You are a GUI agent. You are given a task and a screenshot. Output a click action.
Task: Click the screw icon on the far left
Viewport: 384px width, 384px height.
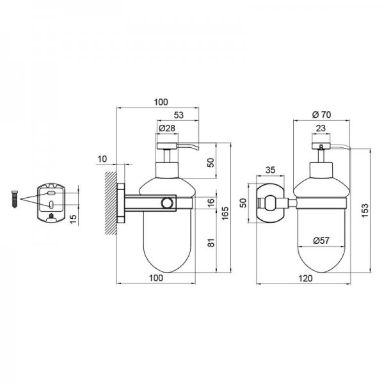pos(15,199)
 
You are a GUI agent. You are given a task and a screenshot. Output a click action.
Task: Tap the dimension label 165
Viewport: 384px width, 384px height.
pos(225,214)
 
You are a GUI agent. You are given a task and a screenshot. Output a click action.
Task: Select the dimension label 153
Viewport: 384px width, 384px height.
pos(365,211)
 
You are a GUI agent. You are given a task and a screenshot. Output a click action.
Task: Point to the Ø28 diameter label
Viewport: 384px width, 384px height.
pos(167,128)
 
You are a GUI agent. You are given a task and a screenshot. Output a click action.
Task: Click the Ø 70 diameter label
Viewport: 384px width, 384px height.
pos(321,115)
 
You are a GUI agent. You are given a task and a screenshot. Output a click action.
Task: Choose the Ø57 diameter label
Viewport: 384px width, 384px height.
pos(321,241)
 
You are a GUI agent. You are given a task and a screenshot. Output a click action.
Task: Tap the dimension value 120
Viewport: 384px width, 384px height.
pos(305,278)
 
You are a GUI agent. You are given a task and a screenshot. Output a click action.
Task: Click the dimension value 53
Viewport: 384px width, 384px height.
pos(179,115)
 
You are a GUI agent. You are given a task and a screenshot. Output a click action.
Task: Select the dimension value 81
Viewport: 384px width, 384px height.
pos(211,243)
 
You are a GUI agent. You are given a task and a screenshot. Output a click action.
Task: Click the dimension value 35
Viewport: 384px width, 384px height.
pos(270,170)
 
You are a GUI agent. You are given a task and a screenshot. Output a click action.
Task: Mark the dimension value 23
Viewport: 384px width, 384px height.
pos(321,128)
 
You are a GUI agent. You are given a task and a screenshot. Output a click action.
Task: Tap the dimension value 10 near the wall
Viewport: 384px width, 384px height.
pos(102,159)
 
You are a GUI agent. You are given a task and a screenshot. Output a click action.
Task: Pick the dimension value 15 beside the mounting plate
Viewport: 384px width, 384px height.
pos(73,219)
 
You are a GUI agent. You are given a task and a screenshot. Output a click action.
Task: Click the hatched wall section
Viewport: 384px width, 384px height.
pos(111,204)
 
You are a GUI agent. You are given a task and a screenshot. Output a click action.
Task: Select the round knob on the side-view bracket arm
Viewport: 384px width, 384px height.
pos(167,204)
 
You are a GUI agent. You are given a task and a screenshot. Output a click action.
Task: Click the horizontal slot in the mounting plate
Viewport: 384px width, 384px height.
pos(51,193)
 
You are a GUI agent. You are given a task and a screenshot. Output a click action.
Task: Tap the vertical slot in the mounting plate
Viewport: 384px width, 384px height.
pos(51,205)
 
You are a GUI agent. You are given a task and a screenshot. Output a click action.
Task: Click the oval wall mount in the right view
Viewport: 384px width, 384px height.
pos(270,203)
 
